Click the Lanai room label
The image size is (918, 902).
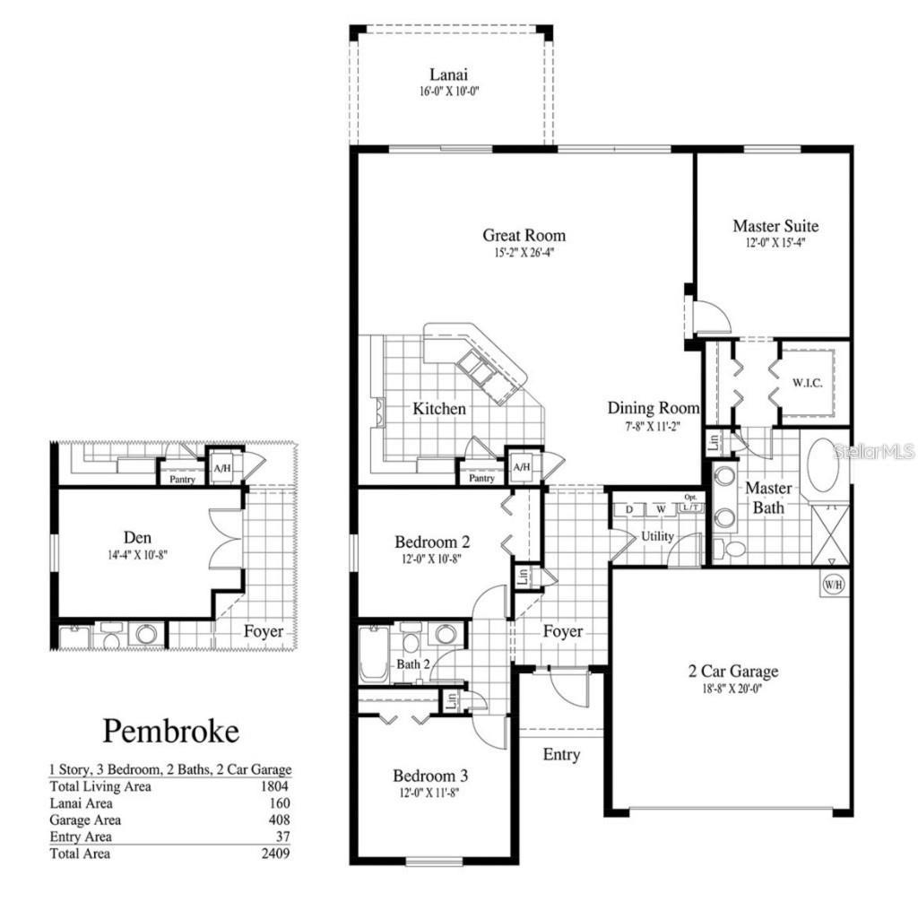click(449, 74)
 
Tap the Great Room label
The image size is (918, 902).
click(524, 235)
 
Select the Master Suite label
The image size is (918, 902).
click(775, 226)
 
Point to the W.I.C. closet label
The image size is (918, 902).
click(807, 383)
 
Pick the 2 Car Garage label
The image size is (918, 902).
click(732, 671)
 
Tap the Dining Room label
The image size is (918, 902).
click(654, 408)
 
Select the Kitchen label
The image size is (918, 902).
click(439, 409)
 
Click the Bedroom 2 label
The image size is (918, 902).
click(432, 542)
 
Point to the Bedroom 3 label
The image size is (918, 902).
click(430, 776)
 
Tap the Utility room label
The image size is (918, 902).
click(657, 536)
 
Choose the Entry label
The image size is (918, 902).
click(561, 755)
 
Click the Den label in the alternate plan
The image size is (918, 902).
click(137, 537)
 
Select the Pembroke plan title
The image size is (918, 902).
click(171, 731)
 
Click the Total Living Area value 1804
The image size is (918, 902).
click(274, 786)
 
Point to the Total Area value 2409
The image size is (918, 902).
click(274, 854)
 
